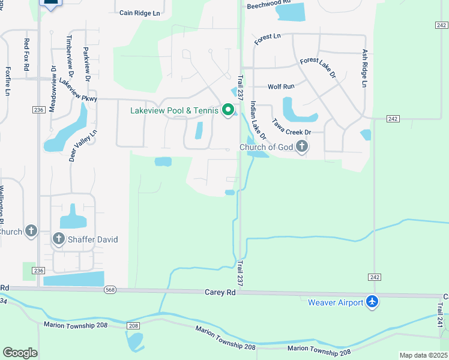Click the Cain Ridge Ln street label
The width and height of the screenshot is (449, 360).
click(x=140, y=13)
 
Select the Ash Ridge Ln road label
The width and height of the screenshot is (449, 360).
click(x=364, y=68)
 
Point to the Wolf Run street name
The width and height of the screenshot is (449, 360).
click(x=281, y=87)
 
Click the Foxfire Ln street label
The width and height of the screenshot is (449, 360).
click(x=8, y=80)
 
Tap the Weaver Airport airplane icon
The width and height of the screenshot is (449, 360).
click(x=373, y=302)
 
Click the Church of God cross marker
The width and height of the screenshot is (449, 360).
click(x=302, y=146)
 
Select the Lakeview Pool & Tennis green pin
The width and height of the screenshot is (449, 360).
click(x=228, y=110)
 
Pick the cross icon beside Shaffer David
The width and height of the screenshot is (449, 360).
click(x=59, y=239)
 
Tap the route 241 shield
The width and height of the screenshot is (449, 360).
click(x=441, y=322)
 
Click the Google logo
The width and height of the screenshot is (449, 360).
click(x=20, y=352)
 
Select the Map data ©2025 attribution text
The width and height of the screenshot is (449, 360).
click(x=423, y=355)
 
